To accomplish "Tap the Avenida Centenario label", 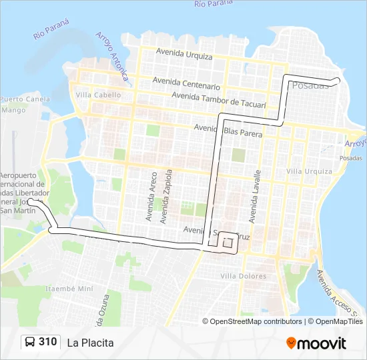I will pyautogui.click(x=186, y=83).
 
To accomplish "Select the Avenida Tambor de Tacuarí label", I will pyautogui.click(x=219, y=100).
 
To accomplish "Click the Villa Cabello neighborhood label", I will pyautogui.click(x=99, y=95).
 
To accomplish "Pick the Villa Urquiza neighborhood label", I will pyautogui.click(x=309, y=171).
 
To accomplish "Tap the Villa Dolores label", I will pyautogui.click(x=244, y=276).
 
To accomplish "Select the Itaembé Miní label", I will pyautogui.click(x=69, y=289).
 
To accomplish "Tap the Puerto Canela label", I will pyautogui.click(x=25, y=99).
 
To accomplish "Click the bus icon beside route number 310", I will pyautogui.click(x=30, y=342).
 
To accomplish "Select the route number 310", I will pyautogui.click(x=48, y=342).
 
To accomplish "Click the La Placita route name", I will pyautogui.click(x=90, y=343).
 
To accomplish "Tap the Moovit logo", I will pyautogui.click(x=316, y=343).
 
